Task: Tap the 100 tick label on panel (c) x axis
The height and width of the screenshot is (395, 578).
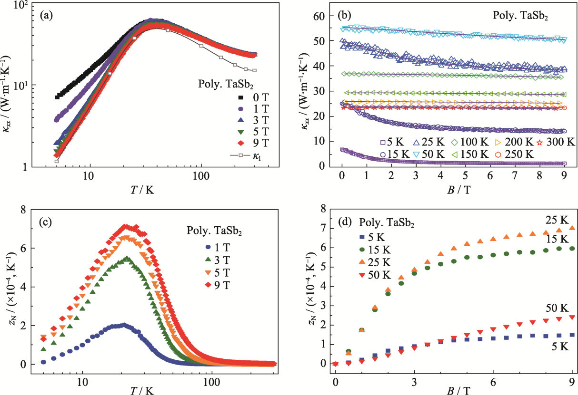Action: [x=211, y=381]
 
